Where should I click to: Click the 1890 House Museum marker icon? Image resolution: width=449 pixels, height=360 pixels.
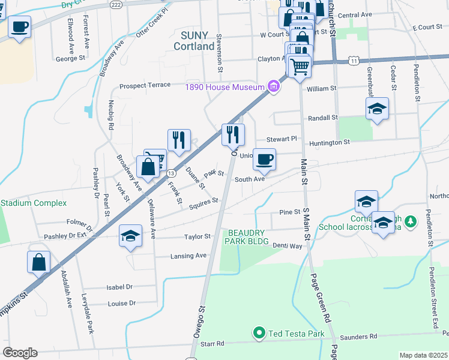(x=274, y=87)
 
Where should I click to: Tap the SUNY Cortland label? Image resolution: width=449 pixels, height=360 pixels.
(x=194, y=41)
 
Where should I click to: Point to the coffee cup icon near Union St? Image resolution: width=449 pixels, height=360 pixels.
(x=264, y=159)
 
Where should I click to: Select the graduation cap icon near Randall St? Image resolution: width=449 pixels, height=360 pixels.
(x=377, y=109)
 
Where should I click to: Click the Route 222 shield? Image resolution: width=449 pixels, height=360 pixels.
(x=116, y=4)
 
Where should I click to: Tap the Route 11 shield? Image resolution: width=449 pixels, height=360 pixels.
(x=355, y=61)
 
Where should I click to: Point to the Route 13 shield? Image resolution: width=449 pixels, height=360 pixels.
(x=171, y=172)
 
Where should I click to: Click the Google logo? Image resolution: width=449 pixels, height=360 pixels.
(x=20, y=353)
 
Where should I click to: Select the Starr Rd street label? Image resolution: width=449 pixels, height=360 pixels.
(x=211, y=344)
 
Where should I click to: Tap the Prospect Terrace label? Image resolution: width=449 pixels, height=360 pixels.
(x=145, y=85)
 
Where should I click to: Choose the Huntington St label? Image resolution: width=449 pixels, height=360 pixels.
(x=330, y=143)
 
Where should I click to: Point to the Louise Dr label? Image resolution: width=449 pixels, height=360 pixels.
(x=122, y=304)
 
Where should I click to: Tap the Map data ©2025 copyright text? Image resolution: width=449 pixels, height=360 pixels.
(x=423, y=355)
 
